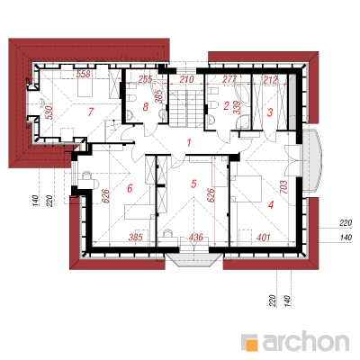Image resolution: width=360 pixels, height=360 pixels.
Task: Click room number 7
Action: (91, 112)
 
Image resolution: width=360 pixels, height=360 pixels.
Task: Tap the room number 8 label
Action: (146, 106)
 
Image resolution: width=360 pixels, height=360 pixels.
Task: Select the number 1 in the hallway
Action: (189, 143)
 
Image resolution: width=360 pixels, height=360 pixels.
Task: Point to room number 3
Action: (270, 112)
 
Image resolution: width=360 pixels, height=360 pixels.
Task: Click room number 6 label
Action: (130, 188)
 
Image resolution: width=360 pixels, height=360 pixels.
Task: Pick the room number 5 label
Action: (193, 184)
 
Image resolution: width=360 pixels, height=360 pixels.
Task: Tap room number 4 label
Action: (271, 205)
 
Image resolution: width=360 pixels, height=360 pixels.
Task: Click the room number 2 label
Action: (226, 105)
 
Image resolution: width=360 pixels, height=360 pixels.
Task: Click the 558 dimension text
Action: (83, 74)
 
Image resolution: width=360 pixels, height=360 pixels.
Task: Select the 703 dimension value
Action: (283, 187)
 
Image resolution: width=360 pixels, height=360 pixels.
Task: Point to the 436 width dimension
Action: (195, 238)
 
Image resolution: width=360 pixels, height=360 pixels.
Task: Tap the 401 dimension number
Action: (264, 238)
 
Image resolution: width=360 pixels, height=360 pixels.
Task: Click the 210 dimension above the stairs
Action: (186, 79)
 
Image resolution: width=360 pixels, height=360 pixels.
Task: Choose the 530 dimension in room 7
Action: (49, 112)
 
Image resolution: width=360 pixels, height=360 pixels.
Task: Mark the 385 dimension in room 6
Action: (135, 238)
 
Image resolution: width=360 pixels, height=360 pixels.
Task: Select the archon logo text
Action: (306, 341)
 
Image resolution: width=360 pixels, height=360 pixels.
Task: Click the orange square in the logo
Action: (251, 345)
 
